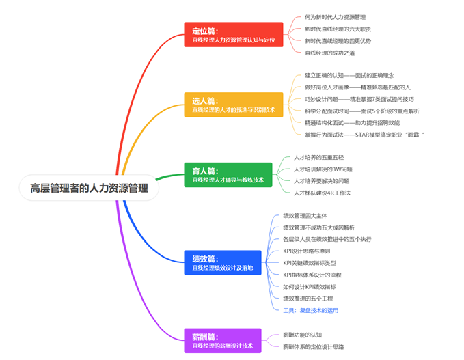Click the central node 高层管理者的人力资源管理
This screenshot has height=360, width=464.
89,188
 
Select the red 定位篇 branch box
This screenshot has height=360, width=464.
233,36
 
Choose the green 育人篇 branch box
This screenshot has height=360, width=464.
228,175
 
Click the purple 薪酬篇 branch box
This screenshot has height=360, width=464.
222,341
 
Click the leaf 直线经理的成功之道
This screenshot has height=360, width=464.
329,53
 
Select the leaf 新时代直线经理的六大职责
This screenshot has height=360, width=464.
338,29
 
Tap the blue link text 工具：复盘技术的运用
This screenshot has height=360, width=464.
311,310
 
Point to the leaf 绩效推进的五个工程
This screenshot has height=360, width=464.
310,299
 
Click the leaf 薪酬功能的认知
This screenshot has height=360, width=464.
304,335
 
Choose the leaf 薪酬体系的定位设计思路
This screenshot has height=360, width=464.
313,347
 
